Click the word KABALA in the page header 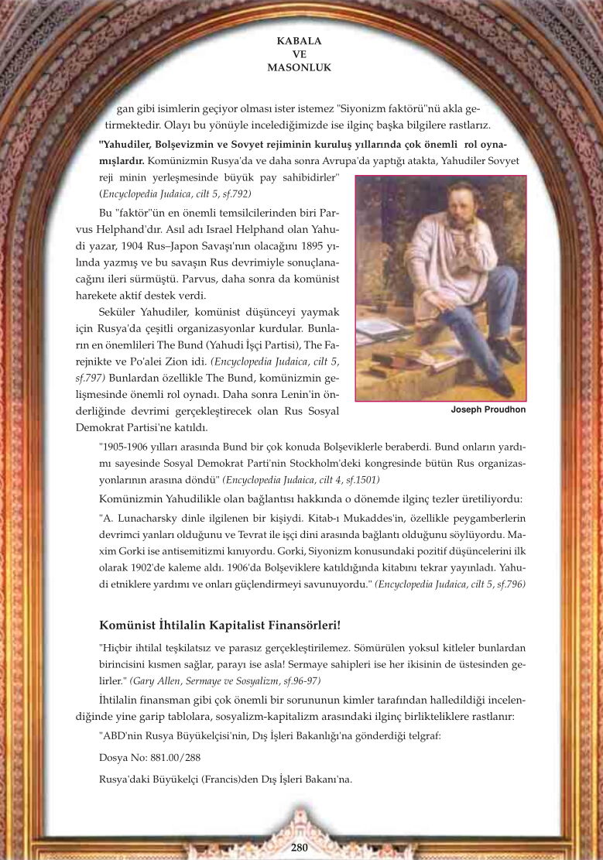pos(298,39)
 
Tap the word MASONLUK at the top pos(298,67)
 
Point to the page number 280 pos(300,847)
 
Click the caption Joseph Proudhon pos(488,409)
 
